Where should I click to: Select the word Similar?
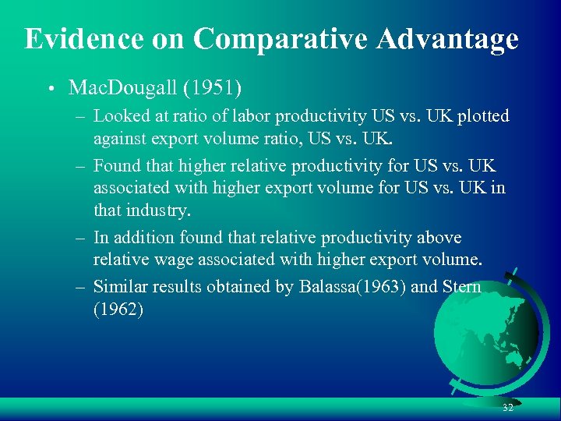point(118,287)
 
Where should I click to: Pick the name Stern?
point(462,287)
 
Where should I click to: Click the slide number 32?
point(508,408)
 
